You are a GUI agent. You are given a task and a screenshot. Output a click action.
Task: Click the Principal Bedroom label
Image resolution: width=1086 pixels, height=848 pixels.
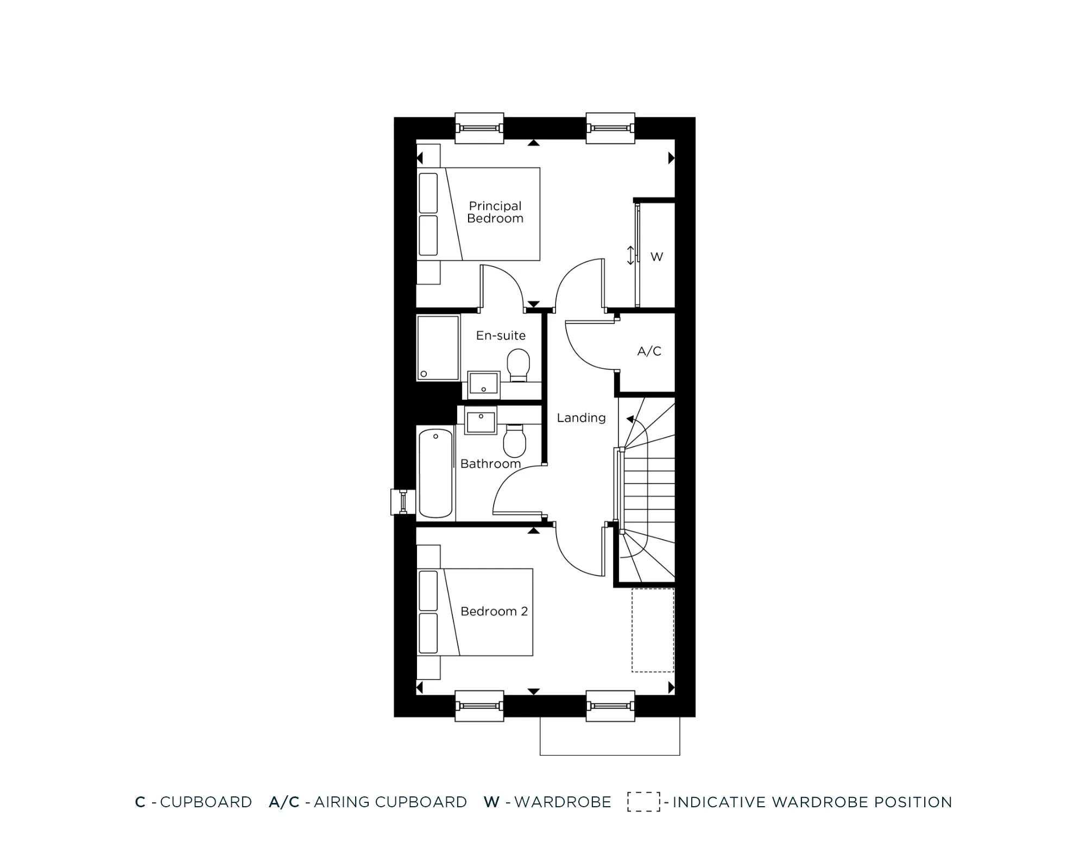495,212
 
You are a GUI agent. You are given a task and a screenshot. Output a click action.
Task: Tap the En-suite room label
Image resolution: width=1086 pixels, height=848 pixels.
501,336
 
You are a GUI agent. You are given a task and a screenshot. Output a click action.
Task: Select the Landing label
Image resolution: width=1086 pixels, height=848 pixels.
581,418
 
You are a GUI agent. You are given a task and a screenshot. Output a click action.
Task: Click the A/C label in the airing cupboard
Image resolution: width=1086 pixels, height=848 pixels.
649,351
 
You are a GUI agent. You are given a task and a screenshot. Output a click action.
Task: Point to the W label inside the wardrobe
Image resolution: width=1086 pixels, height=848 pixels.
656,257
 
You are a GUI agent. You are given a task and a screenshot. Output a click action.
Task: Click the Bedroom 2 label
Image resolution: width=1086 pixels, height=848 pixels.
494,612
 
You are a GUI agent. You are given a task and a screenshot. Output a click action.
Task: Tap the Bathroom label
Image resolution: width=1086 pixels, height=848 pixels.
490,464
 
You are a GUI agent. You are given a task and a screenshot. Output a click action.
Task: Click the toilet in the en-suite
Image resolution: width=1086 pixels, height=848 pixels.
519,365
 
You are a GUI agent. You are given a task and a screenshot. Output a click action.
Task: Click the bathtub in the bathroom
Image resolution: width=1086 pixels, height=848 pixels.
435,472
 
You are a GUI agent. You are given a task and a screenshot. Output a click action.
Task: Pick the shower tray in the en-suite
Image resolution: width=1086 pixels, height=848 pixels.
438,348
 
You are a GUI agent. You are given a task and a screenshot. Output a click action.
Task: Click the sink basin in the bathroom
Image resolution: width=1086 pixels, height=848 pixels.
481,420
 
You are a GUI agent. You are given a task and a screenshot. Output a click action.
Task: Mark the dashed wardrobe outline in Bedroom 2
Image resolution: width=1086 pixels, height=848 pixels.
653,630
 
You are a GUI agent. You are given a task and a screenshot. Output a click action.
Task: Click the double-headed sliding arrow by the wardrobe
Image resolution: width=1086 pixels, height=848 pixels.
630,255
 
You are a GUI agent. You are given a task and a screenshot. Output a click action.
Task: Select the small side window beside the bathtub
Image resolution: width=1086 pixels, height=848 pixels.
402,502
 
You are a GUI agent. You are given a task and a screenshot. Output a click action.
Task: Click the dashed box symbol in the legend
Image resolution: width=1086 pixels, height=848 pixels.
643,802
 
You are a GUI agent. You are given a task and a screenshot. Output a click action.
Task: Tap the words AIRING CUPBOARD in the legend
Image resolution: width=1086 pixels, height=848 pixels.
390,802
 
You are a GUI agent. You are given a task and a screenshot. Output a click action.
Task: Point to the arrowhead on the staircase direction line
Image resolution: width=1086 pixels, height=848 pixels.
630,419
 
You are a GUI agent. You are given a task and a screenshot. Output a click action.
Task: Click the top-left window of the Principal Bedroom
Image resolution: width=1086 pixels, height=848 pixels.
479,129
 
